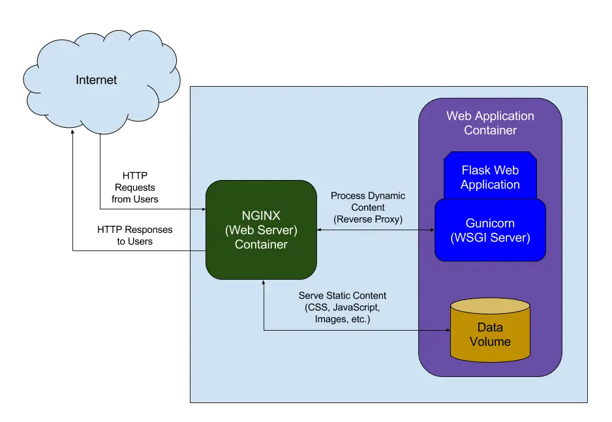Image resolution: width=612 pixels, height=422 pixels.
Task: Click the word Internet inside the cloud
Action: (97, 80)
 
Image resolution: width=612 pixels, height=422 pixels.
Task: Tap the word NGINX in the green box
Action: (261, 216)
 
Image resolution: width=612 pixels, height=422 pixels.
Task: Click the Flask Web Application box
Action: (490, 177)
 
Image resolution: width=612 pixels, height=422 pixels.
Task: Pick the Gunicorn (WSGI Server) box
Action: (490, 230)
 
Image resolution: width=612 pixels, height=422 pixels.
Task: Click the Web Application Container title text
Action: (490, 123)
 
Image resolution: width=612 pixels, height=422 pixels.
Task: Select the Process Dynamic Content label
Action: (368, 202)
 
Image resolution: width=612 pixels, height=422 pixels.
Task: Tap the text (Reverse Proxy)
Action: (368, 219)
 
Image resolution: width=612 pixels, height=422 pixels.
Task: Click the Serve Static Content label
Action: (343, 295)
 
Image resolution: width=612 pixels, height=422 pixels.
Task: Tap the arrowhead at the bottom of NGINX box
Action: (264, 284)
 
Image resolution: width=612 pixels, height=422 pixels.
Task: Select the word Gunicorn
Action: (490, 223)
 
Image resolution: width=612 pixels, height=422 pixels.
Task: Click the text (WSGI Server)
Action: (490, 238)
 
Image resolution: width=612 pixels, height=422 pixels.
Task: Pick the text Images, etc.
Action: (343, 319)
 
